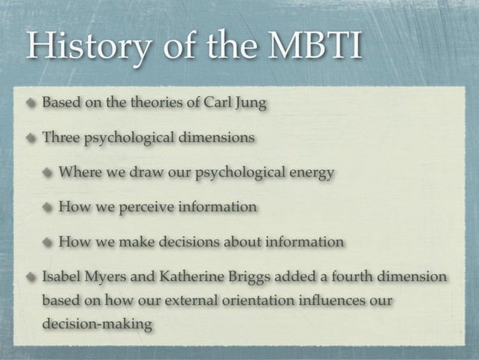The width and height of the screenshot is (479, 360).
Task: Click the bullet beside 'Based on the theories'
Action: [x=32, y=103]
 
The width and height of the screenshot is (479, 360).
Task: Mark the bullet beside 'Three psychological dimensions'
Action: [x=32, y=138]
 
